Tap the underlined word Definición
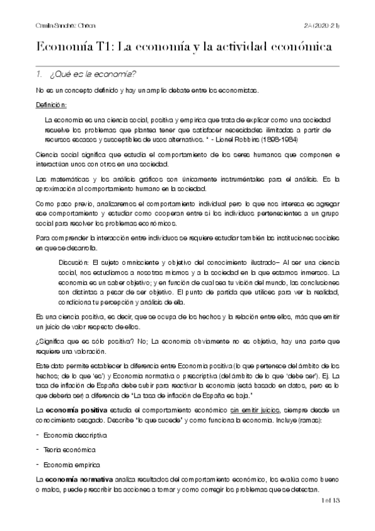click(51, 105)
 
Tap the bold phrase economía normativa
click(76, 478)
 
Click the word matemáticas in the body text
click(69, 180)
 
